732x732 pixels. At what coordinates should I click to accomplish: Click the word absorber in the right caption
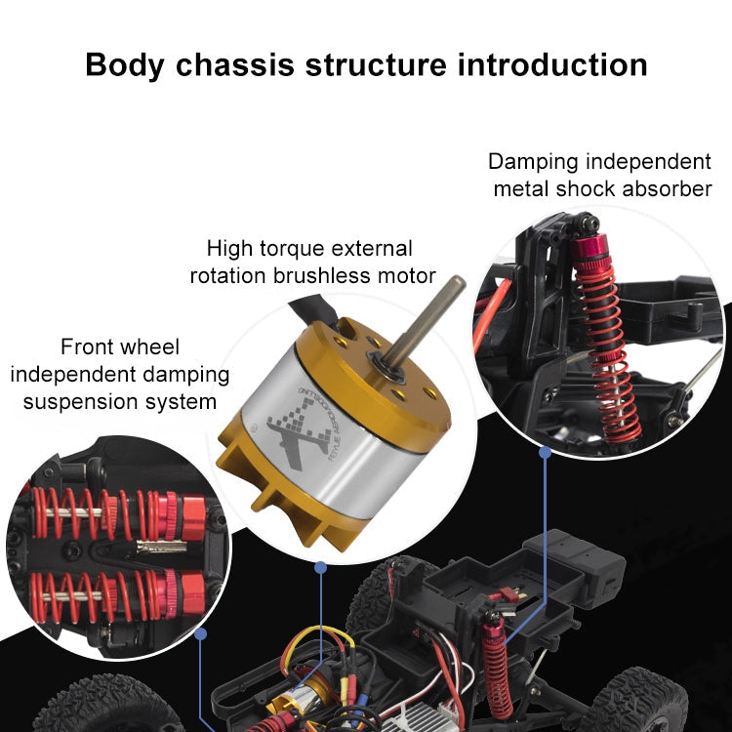(x=670, y=188)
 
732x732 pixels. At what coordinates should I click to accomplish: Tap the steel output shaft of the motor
(x=430, y=322)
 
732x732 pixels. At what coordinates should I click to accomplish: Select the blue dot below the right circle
(x=545, y=452)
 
